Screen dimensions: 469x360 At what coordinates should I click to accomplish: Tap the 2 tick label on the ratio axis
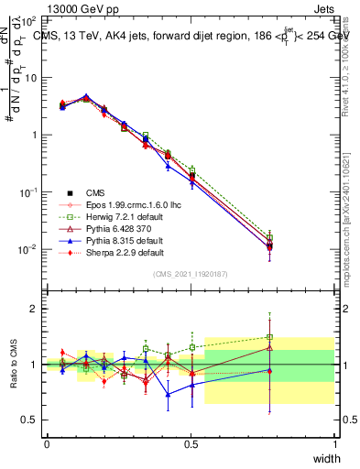click(35, 309)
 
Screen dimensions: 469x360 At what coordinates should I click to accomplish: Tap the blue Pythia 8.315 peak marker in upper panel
click(86, 96)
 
